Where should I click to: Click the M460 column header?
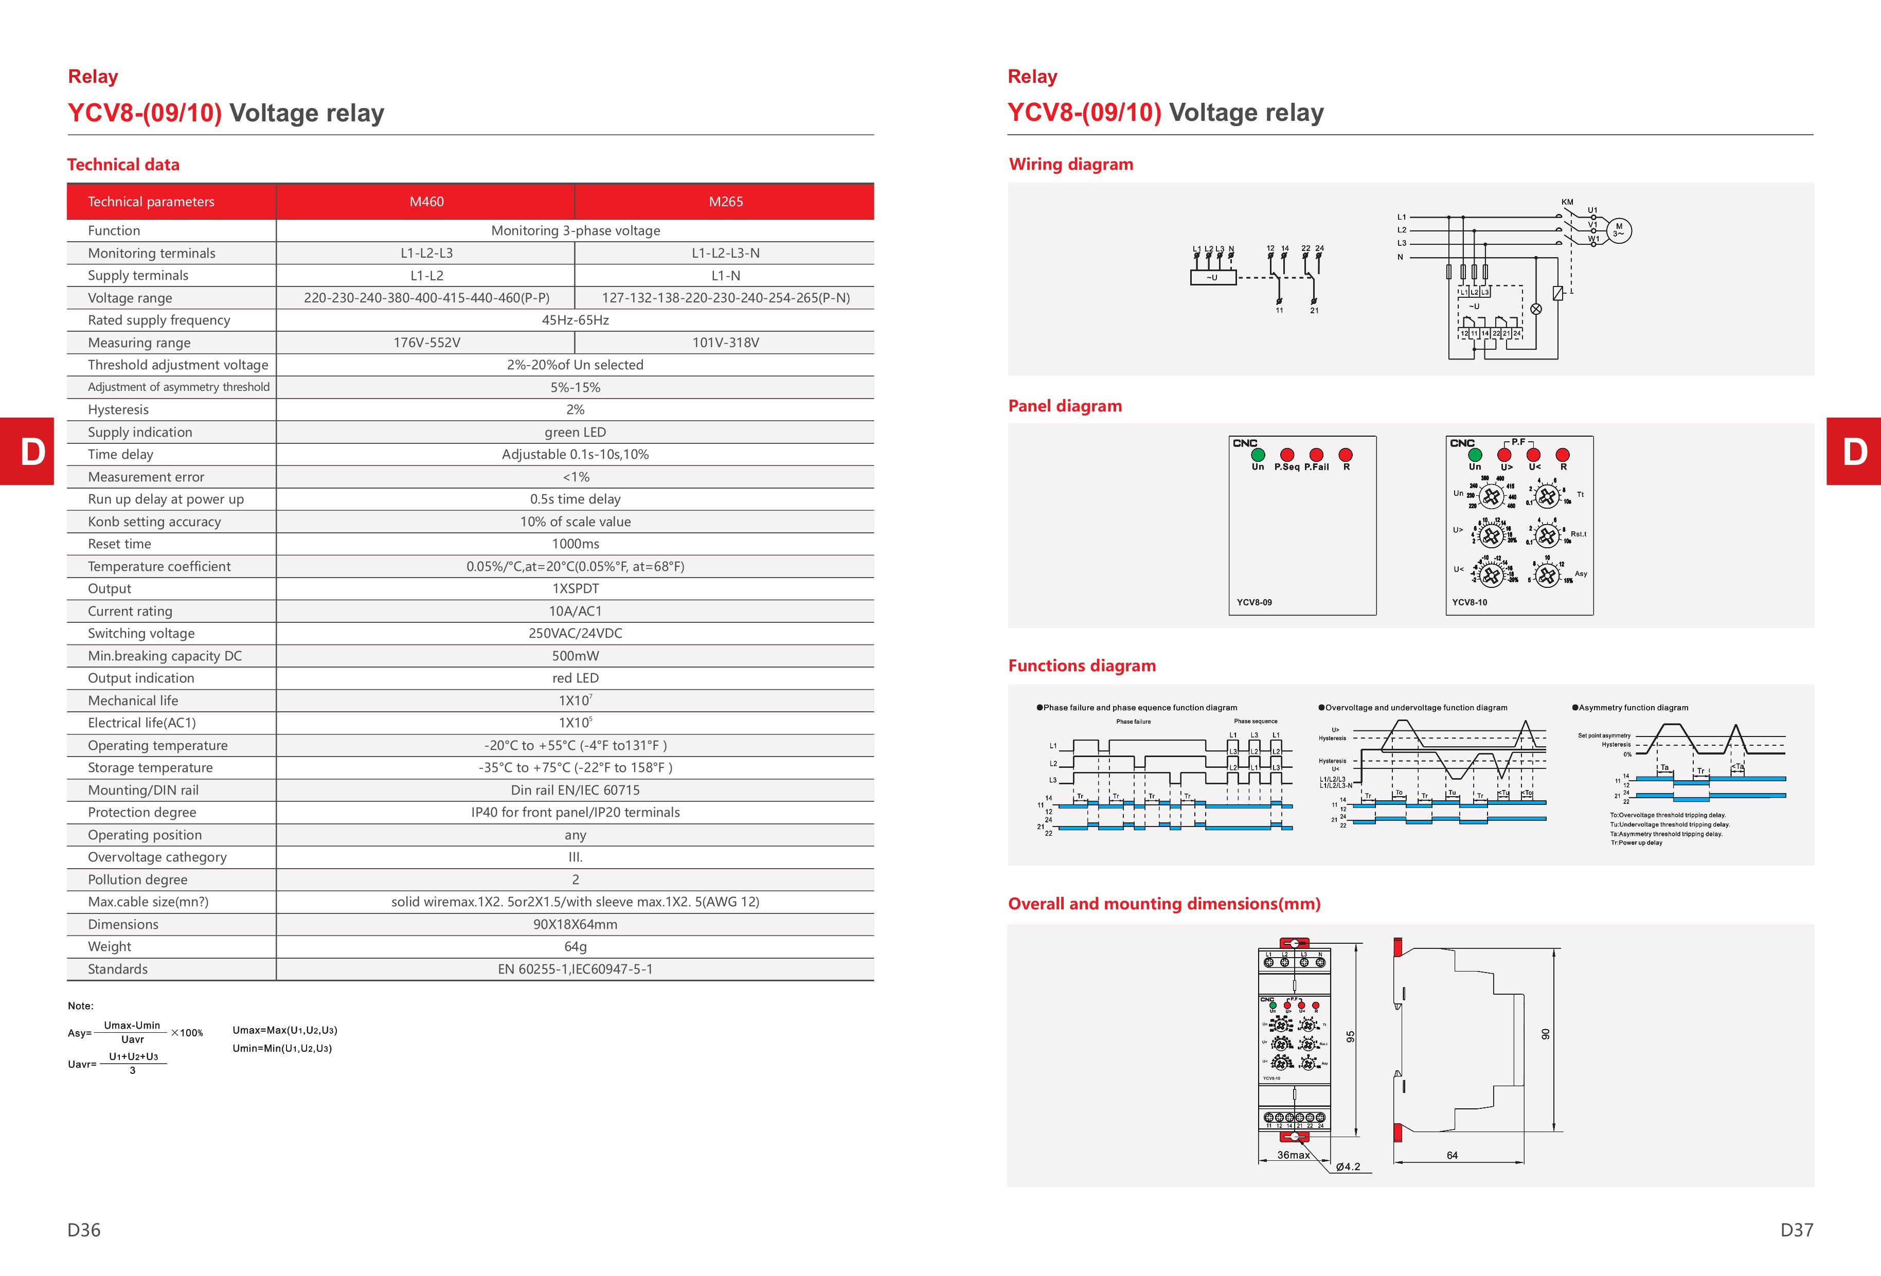tap(426, 202)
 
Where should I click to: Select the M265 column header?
tap(725, 202)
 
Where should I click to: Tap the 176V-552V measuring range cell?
tap(426, 342)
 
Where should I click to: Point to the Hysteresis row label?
tap(118, 409)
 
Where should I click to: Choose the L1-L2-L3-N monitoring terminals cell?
tap(725, 253)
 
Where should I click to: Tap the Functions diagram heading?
tap(1081, 666)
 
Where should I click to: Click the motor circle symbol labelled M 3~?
tap(1618, 230)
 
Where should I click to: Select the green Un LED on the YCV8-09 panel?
tap(1258, 455)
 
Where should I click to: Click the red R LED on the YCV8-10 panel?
tap(1563, 455)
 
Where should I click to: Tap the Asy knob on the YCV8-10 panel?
tap(1547, 576)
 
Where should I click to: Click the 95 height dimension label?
tap(1350, 1036)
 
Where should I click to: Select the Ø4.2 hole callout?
tap(1348, 1167)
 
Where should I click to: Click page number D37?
tap(1796, 1230)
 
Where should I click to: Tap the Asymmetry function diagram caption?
tap(1633, 708)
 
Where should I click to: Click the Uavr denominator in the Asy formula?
tap(133, 1040)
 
